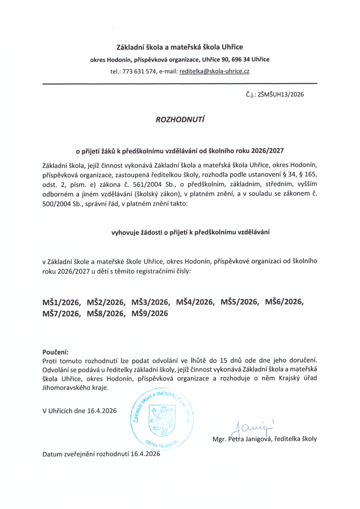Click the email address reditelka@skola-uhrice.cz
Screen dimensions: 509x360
[x=214, y=72]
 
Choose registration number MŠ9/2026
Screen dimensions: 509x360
[x=150, y=314]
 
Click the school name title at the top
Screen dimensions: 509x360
[x=180, y=47]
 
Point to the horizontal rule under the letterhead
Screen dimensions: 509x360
[x=180, y=84]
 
